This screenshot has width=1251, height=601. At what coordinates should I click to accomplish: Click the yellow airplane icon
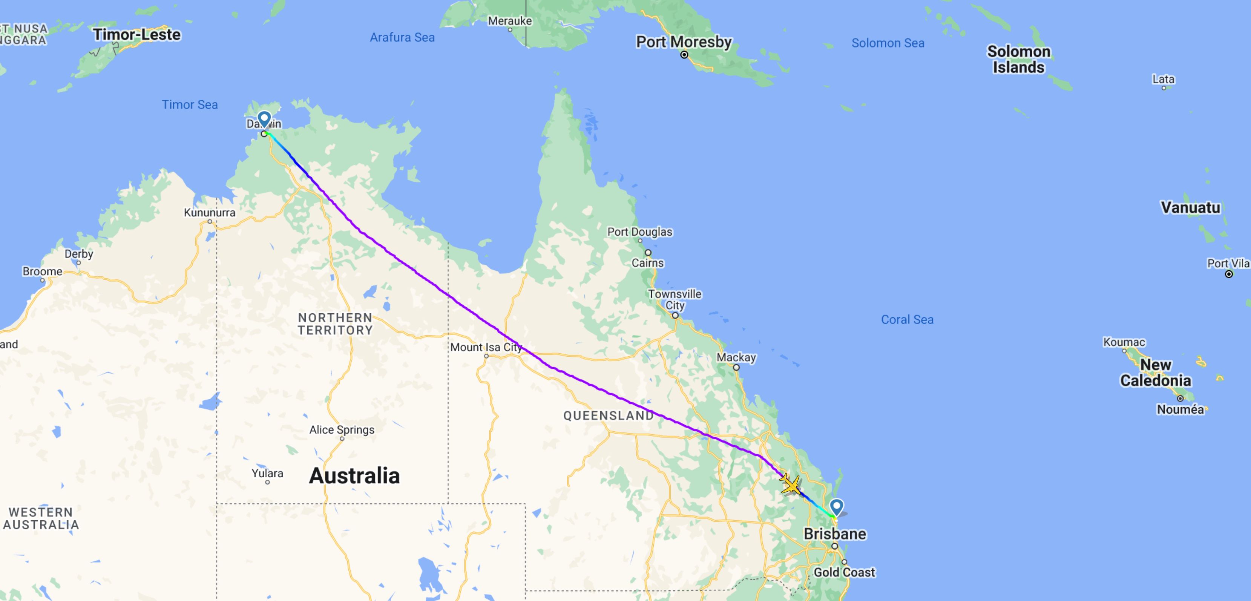pos(791,485)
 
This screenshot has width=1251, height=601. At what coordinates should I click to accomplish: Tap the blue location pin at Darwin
pos(264,118)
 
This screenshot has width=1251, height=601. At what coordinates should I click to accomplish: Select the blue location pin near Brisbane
pos(836,507)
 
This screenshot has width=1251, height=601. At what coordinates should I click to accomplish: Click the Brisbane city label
pos(835,534)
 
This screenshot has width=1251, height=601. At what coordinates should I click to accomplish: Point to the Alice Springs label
pos(342,429)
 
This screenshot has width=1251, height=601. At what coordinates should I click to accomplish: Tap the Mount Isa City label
pos(486,347)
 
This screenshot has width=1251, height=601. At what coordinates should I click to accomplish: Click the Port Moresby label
pos(684,42)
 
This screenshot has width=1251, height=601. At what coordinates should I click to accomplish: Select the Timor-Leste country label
pos(137,34)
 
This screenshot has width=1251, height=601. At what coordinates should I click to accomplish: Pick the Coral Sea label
pos(907,319)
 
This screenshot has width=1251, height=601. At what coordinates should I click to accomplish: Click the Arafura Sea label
pos(402,37)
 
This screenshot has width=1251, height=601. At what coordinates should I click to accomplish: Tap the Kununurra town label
pos(209,212)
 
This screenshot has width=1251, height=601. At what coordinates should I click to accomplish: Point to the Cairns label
pos(647,263)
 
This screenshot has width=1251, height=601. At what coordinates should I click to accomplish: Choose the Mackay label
pos(736,357)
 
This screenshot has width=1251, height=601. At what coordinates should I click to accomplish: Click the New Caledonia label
pos(1155,373)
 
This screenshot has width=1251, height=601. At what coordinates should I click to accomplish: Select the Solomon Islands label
pos(1018,59)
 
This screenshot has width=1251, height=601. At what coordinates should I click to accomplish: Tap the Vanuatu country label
pos(1190,207)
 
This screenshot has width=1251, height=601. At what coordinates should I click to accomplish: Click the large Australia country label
pos(354,475)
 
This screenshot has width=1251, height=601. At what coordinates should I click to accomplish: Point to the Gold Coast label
pos(845,572)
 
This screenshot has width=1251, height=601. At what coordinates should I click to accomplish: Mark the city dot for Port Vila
pos(1229,274)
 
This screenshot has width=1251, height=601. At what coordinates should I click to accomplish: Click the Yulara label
pos(267,473)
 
